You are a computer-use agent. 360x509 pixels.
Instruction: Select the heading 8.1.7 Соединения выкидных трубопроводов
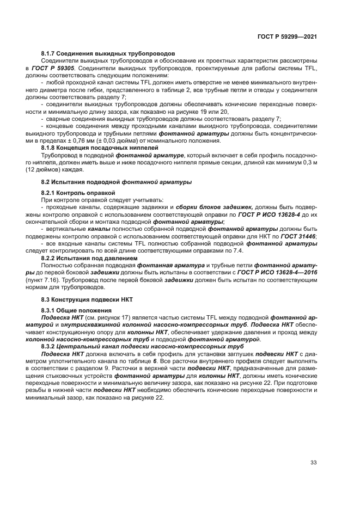click(x=107, y=53)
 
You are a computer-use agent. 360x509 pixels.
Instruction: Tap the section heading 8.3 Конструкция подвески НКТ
click(x=87, y=300)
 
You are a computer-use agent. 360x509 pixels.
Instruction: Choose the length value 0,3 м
click(x=309, y=162)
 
